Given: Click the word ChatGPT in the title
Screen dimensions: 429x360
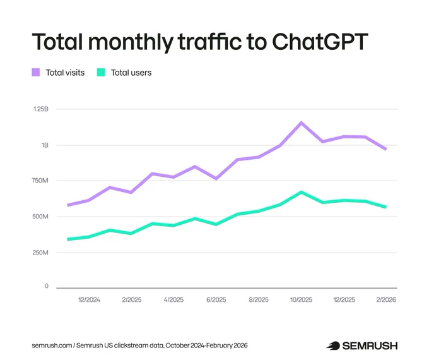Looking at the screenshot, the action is (320, 42).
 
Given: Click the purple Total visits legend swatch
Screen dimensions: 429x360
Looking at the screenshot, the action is (36, 73).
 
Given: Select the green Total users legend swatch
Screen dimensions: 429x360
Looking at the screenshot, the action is (101, 73).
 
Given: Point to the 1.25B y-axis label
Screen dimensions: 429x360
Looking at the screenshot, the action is (41, 109).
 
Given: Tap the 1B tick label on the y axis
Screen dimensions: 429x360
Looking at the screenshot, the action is (45, 145).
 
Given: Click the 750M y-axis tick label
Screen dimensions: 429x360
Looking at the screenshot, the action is (40, 181).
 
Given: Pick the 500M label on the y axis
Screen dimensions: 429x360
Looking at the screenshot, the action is (40, 217).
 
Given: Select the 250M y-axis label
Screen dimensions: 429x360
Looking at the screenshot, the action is (40, 253).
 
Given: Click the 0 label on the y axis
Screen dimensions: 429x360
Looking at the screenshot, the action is (47, 286).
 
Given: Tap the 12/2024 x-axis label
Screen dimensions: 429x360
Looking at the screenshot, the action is (89, 300).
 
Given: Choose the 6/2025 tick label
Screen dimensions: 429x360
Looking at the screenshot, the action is (216, 300).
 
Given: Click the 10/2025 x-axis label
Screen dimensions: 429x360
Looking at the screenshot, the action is (301, 300).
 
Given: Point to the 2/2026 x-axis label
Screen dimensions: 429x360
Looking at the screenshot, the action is (386, 300).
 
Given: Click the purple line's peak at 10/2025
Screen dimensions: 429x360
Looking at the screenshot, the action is (301, 123).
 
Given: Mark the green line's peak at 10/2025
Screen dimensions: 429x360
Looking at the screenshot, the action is (301, 193).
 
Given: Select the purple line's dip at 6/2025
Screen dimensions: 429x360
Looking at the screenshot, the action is (216, 179).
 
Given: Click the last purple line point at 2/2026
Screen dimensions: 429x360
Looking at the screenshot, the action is (386, 149).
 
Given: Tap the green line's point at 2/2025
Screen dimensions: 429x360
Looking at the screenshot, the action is (132, 234).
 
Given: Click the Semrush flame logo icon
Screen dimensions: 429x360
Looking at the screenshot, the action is (333, 345).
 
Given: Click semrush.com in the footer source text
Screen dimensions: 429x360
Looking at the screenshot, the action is (52, 345).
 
